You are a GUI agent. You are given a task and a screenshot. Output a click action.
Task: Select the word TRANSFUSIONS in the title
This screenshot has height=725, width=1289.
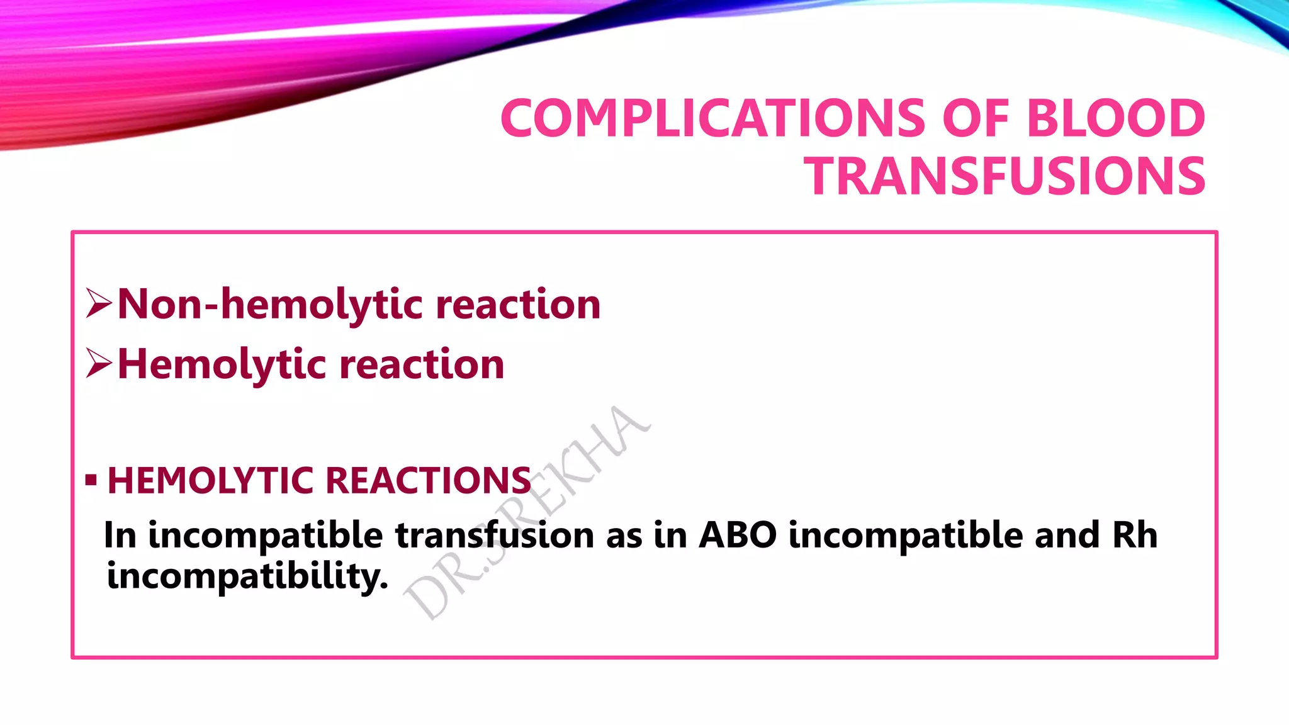tap(1007, 176)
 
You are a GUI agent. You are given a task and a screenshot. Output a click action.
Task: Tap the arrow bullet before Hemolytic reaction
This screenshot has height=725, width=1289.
tap(99, 363)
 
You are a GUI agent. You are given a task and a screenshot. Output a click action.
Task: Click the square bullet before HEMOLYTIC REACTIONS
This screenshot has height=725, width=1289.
tap(91, 481)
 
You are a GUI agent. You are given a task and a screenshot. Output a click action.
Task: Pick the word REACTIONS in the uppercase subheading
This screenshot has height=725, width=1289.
tap(428, 481)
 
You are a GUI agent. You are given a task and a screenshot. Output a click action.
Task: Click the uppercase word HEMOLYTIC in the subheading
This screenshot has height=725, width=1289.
tap(210, 481)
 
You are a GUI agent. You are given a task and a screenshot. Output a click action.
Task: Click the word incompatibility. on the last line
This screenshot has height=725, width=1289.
tap(247, 576)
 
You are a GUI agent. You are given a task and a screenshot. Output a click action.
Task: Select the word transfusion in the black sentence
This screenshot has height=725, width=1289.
tap(494, 536)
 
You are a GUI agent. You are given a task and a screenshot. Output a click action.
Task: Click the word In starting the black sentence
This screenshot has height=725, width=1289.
tap(120, 536)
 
